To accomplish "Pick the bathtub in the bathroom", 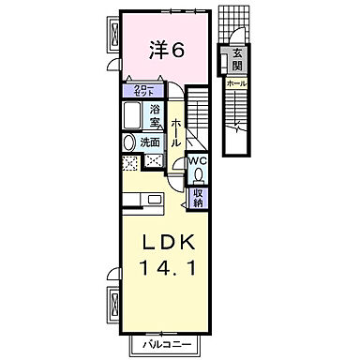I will click(133, 119).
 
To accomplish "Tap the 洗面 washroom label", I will click(150, 142).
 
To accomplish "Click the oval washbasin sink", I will click(128, 143).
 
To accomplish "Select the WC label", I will click(197, 160).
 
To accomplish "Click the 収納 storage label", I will click(199, 196).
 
